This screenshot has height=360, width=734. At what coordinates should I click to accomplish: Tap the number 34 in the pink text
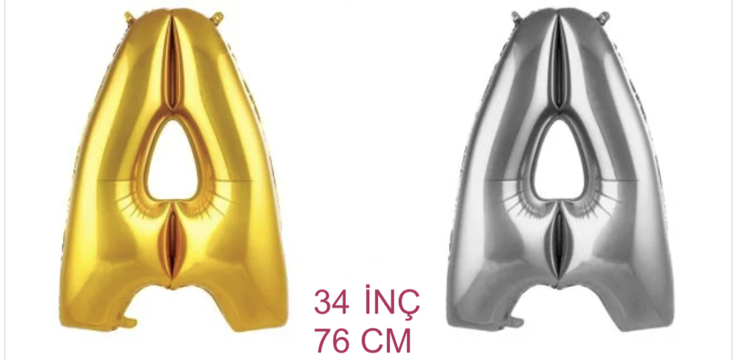pyautogui.click(x=331, y=302)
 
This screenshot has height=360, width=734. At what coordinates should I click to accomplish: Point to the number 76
pyautogui.click(x=331, y=341)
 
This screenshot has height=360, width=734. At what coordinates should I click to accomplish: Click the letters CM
pyautogui.click(x=387, y=341)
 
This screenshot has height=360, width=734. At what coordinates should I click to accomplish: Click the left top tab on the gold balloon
pyautogui.click(x=129, y=17)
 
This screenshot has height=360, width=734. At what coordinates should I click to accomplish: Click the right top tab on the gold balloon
pyautogui.click(x=217, y=18)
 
